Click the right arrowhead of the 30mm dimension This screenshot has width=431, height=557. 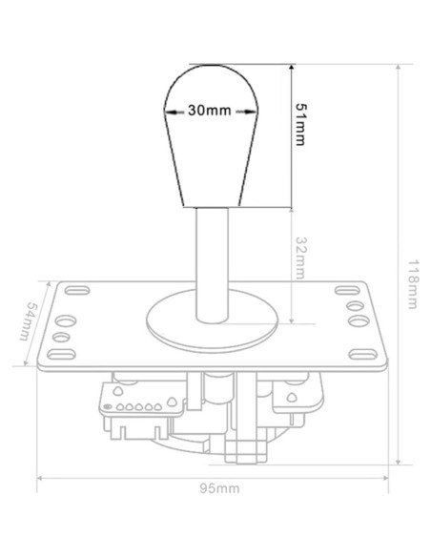256,113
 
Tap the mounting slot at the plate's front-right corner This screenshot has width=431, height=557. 363,355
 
